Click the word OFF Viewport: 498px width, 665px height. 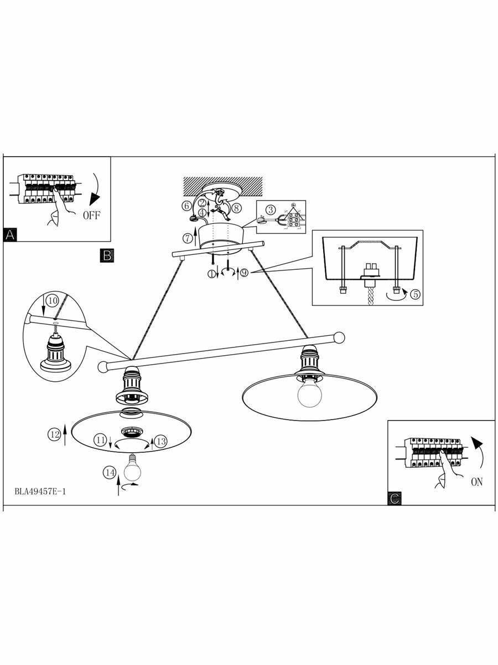pyautogui.click(x=92, y=216)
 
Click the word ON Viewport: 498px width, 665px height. pyautogui.click(x=476, y=482)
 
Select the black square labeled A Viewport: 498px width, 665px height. pyautogui.click(x=9, y=234)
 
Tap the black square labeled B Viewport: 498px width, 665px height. pyautogui.click(x=107, y=255)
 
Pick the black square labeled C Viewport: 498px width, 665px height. pyautogui.click(x=395, y=498)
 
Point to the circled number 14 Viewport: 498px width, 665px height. pyautogui.click(x=110, y=472)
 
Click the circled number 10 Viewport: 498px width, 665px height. pyautogui.click(x=52, y=300)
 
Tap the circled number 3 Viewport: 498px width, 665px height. pyautogui.click(x=270, y=209)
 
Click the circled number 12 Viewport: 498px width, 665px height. pyautogui.click(x=54, y=435)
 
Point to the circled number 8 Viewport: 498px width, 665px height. pyautogui.click(x=236, y=208)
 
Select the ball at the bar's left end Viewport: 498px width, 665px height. pyautogui.click(x=102, y=366)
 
